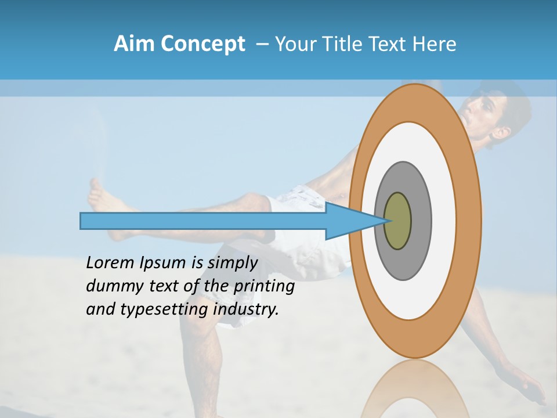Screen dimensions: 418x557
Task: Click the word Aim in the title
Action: coord(134,44)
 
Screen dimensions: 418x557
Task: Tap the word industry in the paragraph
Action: coord(246,309)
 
